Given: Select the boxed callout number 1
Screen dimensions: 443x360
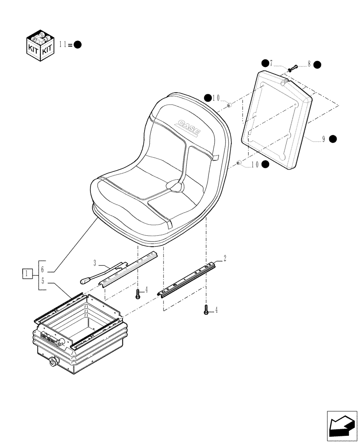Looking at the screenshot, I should click(27, 274).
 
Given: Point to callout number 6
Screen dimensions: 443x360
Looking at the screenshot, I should click(42, 269).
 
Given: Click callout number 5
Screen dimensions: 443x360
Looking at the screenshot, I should click(42, 280).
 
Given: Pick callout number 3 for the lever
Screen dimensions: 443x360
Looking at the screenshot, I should click(95, 263).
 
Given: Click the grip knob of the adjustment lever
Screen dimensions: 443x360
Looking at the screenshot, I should click(86, 280).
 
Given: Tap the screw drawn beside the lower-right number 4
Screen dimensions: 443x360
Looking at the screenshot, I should click(206, 311).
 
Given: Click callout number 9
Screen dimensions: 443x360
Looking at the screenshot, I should click(324, 139).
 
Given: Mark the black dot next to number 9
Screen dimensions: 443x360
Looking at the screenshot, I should click(333, 139).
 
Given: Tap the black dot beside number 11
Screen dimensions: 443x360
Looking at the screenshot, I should click(77, 44).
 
